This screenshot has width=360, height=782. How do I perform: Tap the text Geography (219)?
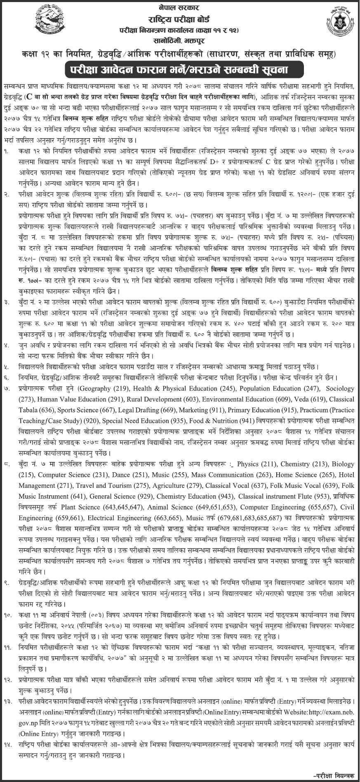tap(100, 389)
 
